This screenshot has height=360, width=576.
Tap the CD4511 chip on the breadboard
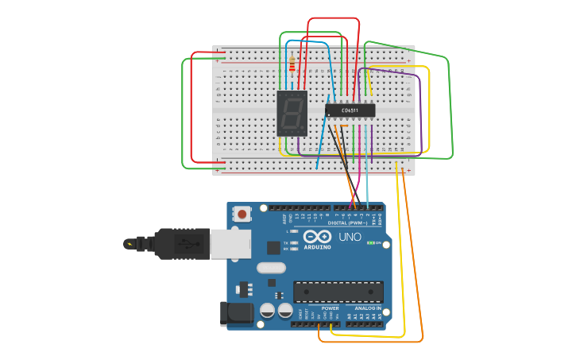[350, 110]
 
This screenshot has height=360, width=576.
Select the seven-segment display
[292, 113]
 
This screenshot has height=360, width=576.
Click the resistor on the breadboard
[292, 64]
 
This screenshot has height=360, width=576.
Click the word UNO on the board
[350, 237]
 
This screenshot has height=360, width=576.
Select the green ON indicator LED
[369, 243]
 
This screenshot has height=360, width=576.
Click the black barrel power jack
[237, 314]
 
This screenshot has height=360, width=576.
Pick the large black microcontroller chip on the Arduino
[338, 292]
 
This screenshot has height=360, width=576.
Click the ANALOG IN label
[367, 308]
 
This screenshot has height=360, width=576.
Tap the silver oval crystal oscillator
[271, 268]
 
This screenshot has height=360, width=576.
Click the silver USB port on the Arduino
[230, 244]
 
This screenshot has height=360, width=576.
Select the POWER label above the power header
[330, 308]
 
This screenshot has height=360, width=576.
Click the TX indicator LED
[295, 242]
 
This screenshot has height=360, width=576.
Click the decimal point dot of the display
[303, 129]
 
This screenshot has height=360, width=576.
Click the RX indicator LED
[295, 249]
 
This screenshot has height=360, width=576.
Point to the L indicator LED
[295, 231]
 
